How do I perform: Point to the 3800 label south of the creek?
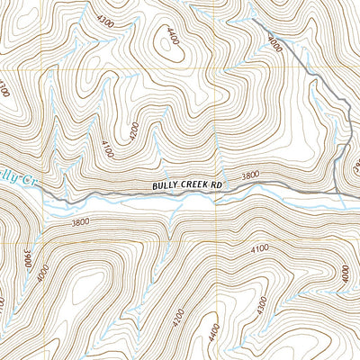(x=80, y=221)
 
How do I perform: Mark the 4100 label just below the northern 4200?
(x=107, y=149)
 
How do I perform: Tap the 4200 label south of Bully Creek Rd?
(x=177, y=317)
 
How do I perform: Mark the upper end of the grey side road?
(x=252, y=19)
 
